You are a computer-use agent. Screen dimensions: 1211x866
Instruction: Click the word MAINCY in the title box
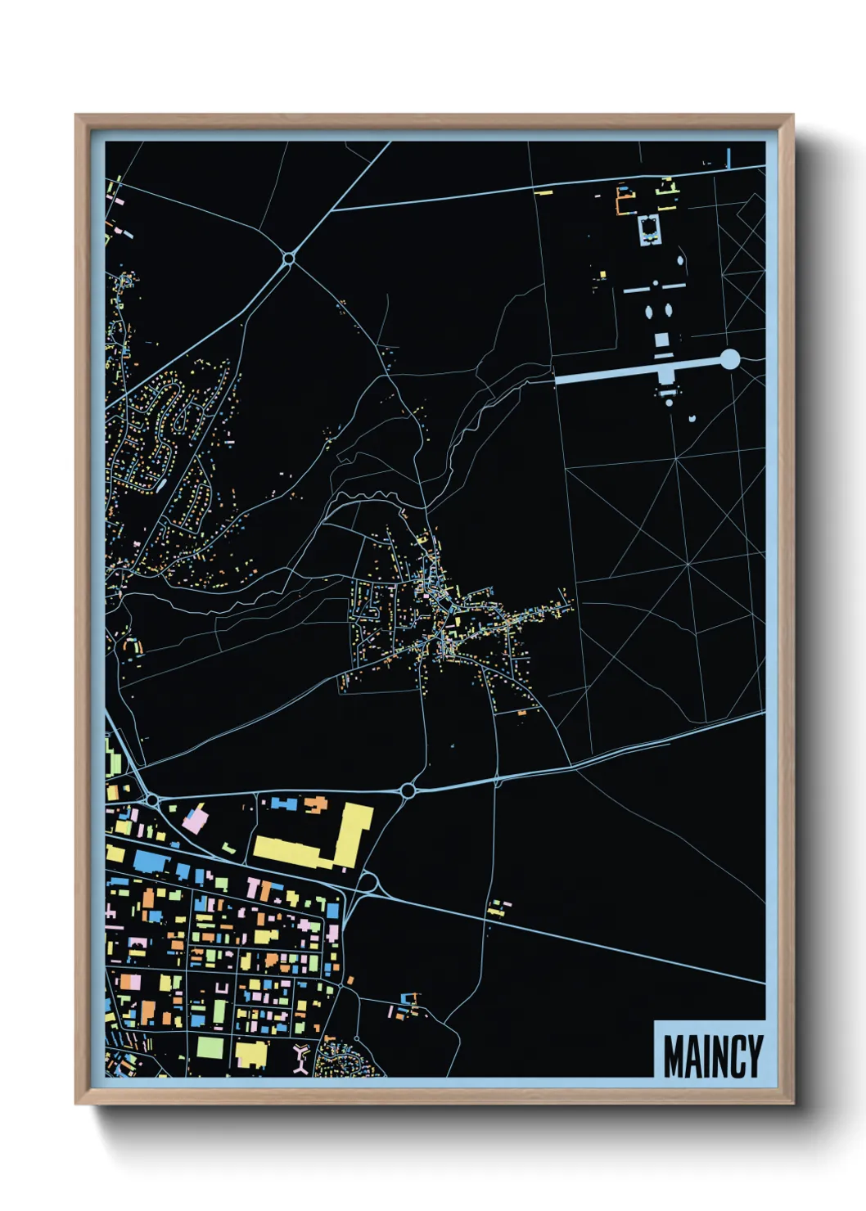[712, 1056]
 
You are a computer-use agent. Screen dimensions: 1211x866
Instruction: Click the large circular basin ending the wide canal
[729, 359]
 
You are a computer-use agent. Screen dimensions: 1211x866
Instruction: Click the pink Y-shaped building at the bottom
[300, 1057]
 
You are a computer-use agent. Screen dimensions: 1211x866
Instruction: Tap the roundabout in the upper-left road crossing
[288, 259]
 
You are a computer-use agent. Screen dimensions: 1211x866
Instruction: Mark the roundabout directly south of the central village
[408, 790]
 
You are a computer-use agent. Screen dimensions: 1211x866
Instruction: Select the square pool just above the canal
[661, 339]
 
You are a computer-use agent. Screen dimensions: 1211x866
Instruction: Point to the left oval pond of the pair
[650, 312]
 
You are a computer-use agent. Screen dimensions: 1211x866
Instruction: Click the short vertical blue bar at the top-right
[728, 157]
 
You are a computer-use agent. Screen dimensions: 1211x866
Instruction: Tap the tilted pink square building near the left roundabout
[194, 819]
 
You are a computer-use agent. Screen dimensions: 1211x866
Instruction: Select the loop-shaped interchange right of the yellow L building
[368, 883]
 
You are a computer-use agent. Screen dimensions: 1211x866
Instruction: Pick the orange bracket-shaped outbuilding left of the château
[625, 201]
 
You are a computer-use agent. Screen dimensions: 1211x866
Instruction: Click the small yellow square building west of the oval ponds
[602, 275]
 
